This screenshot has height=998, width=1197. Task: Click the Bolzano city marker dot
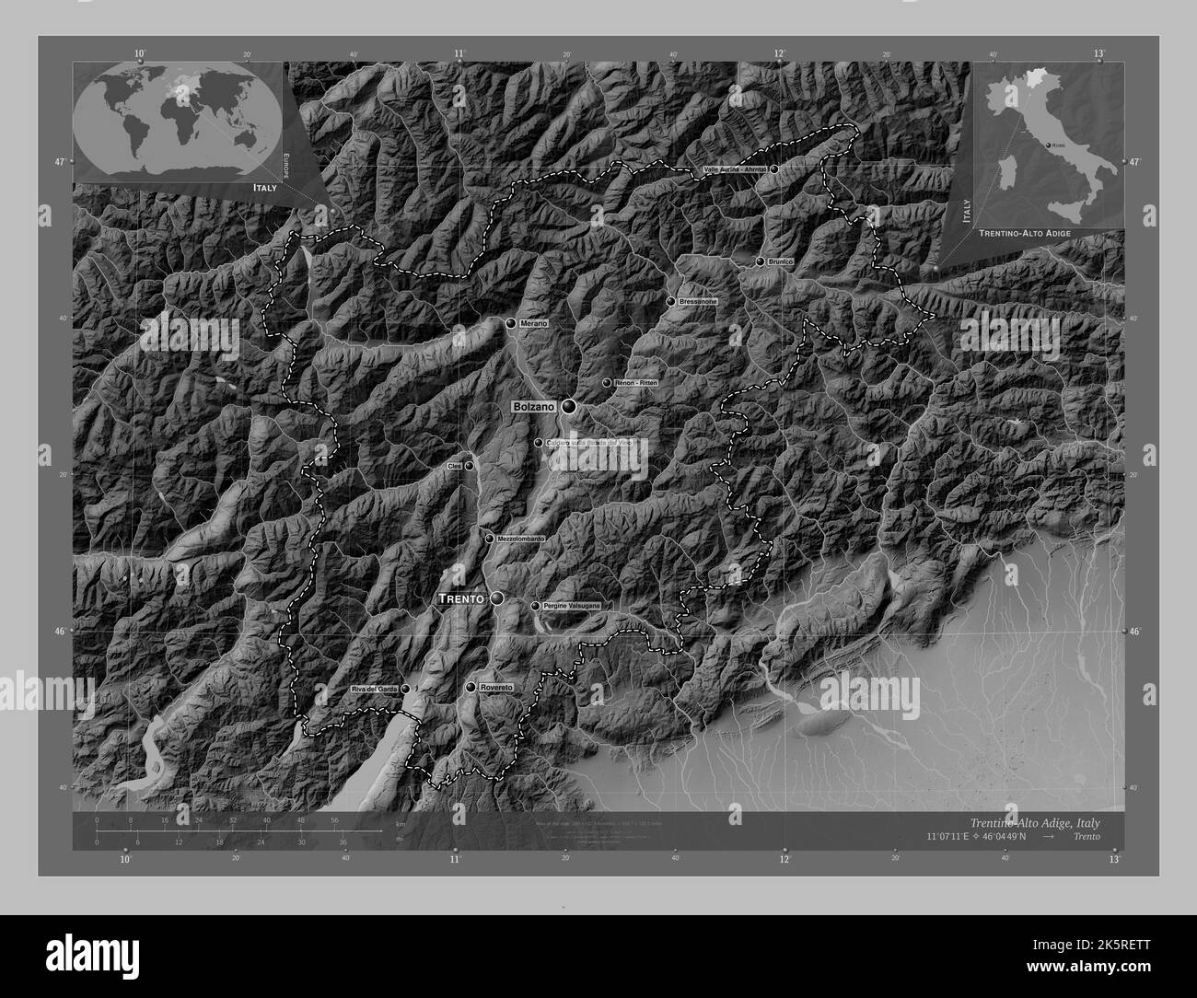pyautogui.click(x=569, y=406)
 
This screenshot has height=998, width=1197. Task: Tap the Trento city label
pyautogui.click(x=460, y=599)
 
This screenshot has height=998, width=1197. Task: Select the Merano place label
pyautogui.click(x=533, y=323)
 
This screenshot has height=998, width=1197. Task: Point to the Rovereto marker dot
pyautogui.click(x=471, y=688)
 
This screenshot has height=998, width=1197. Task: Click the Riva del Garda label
pyautogui.click(x=374, y=689)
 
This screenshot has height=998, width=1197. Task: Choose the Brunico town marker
pyautogui.click(x=761, y=261)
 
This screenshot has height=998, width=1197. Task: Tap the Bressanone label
pyautogui.click(x=697, y=302)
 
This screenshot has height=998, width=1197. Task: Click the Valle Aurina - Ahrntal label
pyautogui.click(x=735, y=169)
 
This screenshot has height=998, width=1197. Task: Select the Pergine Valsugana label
pyautogui.click(x=572, y=606)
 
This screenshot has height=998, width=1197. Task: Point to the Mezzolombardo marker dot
pyautogui.click(x=490, y=539)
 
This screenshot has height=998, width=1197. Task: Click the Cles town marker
pyautogui.click(x=470, y=466)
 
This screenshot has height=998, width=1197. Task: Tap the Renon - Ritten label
pyautogui.click(x=635, y=383)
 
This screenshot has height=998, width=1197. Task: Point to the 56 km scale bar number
pyautogui.click(x=334, y=819)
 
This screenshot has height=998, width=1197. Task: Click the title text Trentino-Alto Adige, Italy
pyautogui.click(x=1033, y=821)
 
